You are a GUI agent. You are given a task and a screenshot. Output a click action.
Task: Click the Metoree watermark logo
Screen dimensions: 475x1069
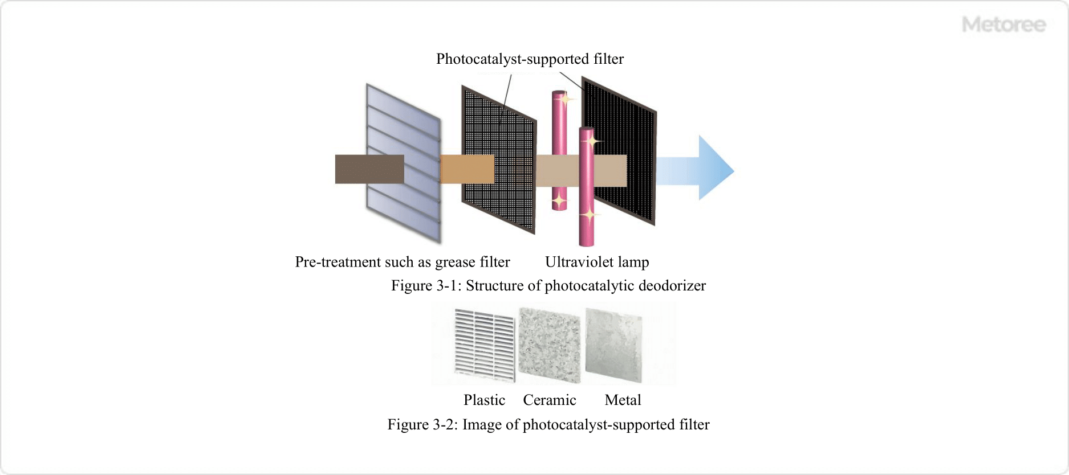tap(1003, 24)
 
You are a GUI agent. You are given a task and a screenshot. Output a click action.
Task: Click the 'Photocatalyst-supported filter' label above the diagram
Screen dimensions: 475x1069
tap(530, 59)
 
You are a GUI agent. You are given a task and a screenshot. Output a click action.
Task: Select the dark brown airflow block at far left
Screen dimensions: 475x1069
tap(369, 169)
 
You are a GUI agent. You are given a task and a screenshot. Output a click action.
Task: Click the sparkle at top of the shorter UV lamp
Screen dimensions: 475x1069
tap(565, 100)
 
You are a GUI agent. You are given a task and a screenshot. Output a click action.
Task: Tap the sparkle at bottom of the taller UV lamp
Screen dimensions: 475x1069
tap(589, 215)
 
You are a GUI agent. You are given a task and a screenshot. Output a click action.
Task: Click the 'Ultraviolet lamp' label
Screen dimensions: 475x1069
tap(597, 262)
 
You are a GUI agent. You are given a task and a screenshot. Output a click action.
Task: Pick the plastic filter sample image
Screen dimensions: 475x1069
tap(485, 345)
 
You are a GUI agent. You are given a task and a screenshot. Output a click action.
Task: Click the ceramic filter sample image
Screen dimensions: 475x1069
tap(549, 345)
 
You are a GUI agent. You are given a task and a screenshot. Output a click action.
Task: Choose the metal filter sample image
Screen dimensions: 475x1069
tap(613, 345)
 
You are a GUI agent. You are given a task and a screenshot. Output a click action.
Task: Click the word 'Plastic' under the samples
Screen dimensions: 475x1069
tap(484, 400)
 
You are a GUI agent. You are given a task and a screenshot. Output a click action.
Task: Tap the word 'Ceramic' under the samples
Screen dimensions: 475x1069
tap(550, 400)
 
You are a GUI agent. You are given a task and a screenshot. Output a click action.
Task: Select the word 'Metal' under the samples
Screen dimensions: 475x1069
tap(623, 400)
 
